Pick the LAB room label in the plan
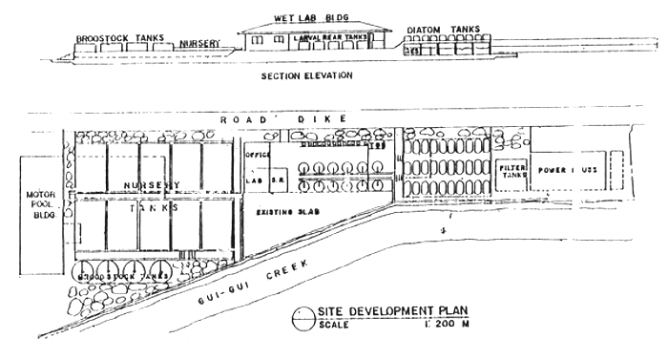255,178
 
